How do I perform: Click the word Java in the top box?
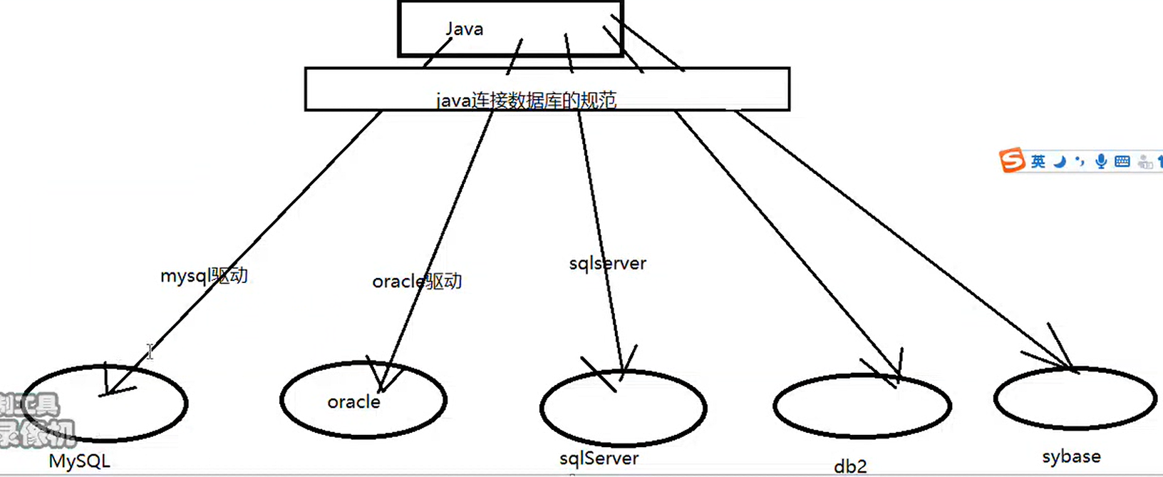[465, 29]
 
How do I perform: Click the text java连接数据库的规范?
[526, 101]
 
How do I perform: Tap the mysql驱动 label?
[204, 276]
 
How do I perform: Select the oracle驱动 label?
[417, 282]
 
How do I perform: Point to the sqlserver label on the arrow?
[607, 264]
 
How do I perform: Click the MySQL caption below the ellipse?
[79, 461]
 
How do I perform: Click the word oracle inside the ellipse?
[353, 402]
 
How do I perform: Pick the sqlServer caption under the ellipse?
[599, 458]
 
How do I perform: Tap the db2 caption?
[850, 467]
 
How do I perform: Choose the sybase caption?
[1071, 457]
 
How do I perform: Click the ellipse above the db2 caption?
[862, 406]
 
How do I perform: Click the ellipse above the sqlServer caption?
[623, 409]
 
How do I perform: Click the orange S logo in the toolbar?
[1011, 160]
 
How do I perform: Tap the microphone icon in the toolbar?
[1101, 162]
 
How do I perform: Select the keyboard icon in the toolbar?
[1122, 162]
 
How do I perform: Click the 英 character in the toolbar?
[1038, 162]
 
